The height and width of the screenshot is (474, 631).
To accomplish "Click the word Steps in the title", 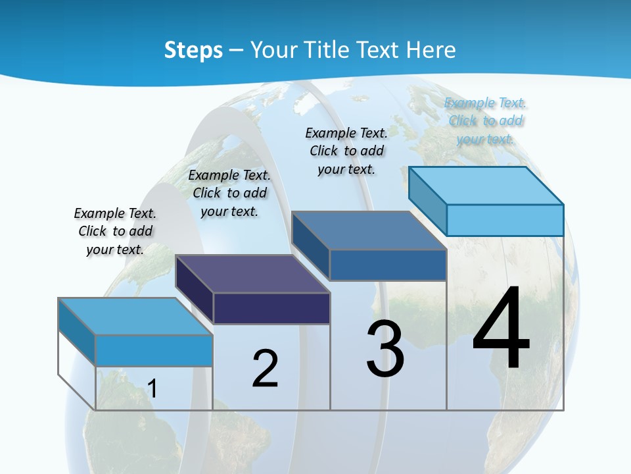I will tap(193, 50).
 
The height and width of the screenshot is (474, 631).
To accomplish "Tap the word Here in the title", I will tap(431, 50).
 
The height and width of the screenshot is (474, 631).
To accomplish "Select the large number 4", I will tap(501, 329).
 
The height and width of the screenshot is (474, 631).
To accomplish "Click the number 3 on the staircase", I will tap(385, 349).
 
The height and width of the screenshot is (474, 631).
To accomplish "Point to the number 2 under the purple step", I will tap(265, 369).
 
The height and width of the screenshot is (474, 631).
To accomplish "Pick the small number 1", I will tap(152, 389).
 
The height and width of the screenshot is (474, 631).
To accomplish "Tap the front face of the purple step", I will tap(271, 308).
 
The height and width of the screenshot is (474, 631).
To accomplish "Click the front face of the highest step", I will tap(505, 220).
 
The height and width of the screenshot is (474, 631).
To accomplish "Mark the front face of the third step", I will tap(388, 265).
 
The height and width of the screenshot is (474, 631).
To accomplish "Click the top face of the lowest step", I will tap(135, 317).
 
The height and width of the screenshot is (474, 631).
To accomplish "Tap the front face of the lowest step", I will tap(154, 350).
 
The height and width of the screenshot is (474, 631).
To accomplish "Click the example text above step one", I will tap(115, 231).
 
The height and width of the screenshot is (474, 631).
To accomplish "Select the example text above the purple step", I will tap(229, 193).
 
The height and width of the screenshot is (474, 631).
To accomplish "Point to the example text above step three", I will tap(346, 151).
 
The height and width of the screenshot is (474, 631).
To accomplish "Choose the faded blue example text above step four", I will tap(486, 120).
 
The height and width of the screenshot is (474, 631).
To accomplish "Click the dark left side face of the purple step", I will tap(195, 290).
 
